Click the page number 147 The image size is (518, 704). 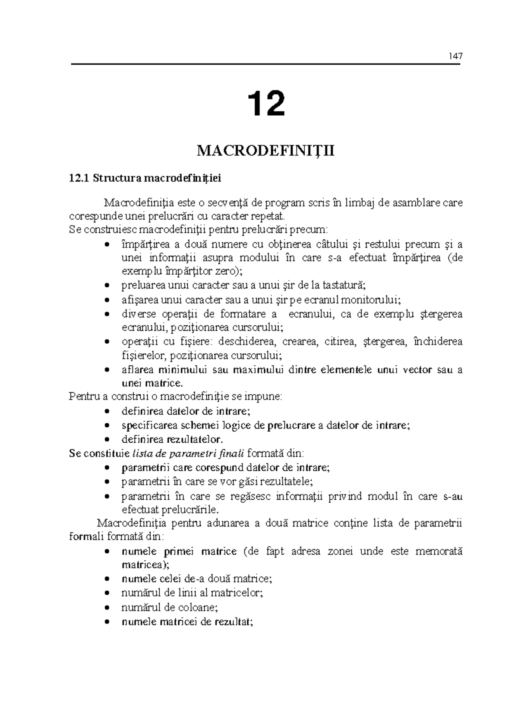(455, 56)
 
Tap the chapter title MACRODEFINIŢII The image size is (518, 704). (265, 152)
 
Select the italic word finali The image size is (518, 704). (233, 453)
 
